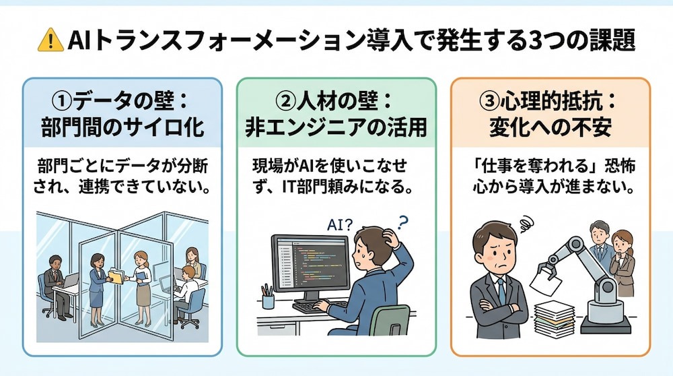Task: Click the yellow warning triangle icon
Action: point(50,40)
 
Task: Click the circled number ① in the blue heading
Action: point(62,102)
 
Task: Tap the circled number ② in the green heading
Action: point(285,102)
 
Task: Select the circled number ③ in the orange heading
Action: point(489,102)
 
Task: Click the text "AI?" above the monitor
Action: point(339,224)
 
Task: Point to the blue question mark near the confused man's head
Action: point(402,222)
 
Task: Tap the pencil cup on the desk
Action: point(268,296)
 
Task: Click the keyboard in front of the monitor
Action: point(319,306)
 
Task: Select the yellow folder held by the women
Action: point(116,276)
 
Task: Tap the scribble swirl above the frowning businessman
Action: point(527,224)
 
